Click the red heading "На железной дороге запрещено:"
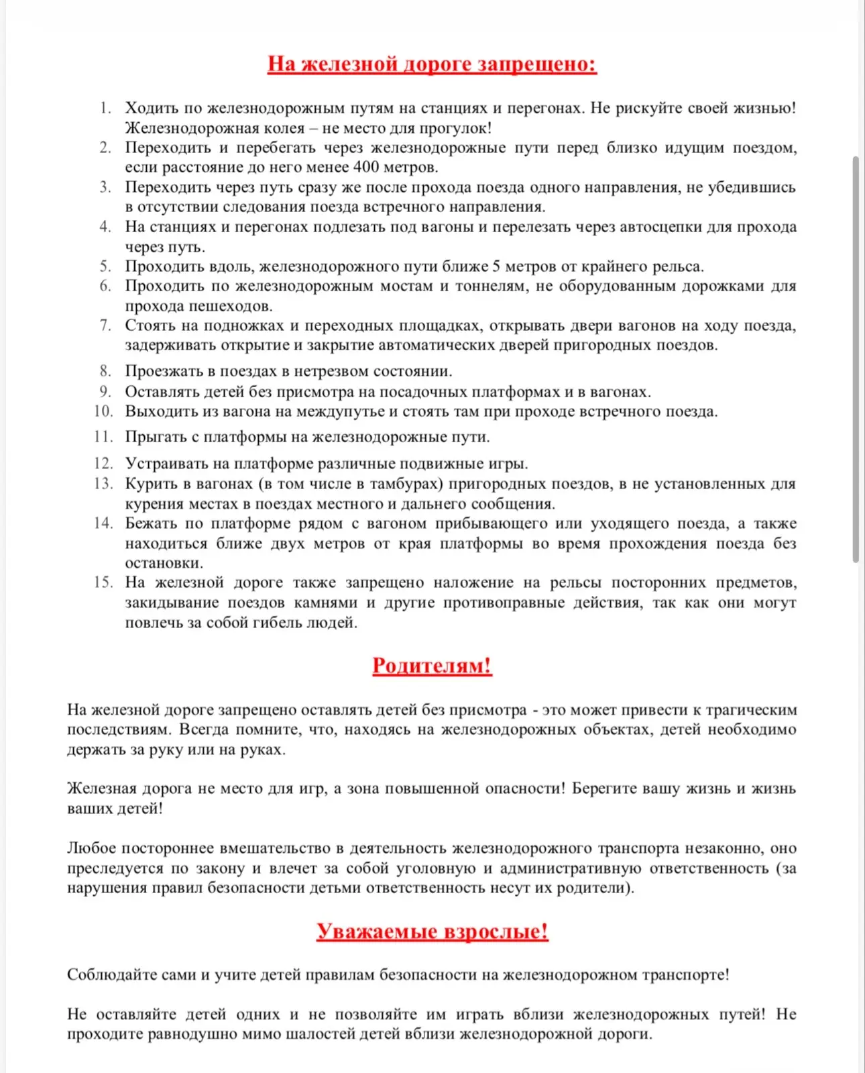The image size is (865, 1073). point(432,64)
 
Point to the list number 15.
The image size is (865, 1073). point(103,582)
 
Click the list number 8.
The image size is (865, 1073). point(105,371)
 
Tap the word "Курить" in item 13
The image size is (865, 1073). point(152,484)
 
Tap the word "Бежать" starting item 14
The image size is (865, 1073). point(150,523)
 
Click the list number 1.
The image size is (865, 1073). point(105,108)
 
